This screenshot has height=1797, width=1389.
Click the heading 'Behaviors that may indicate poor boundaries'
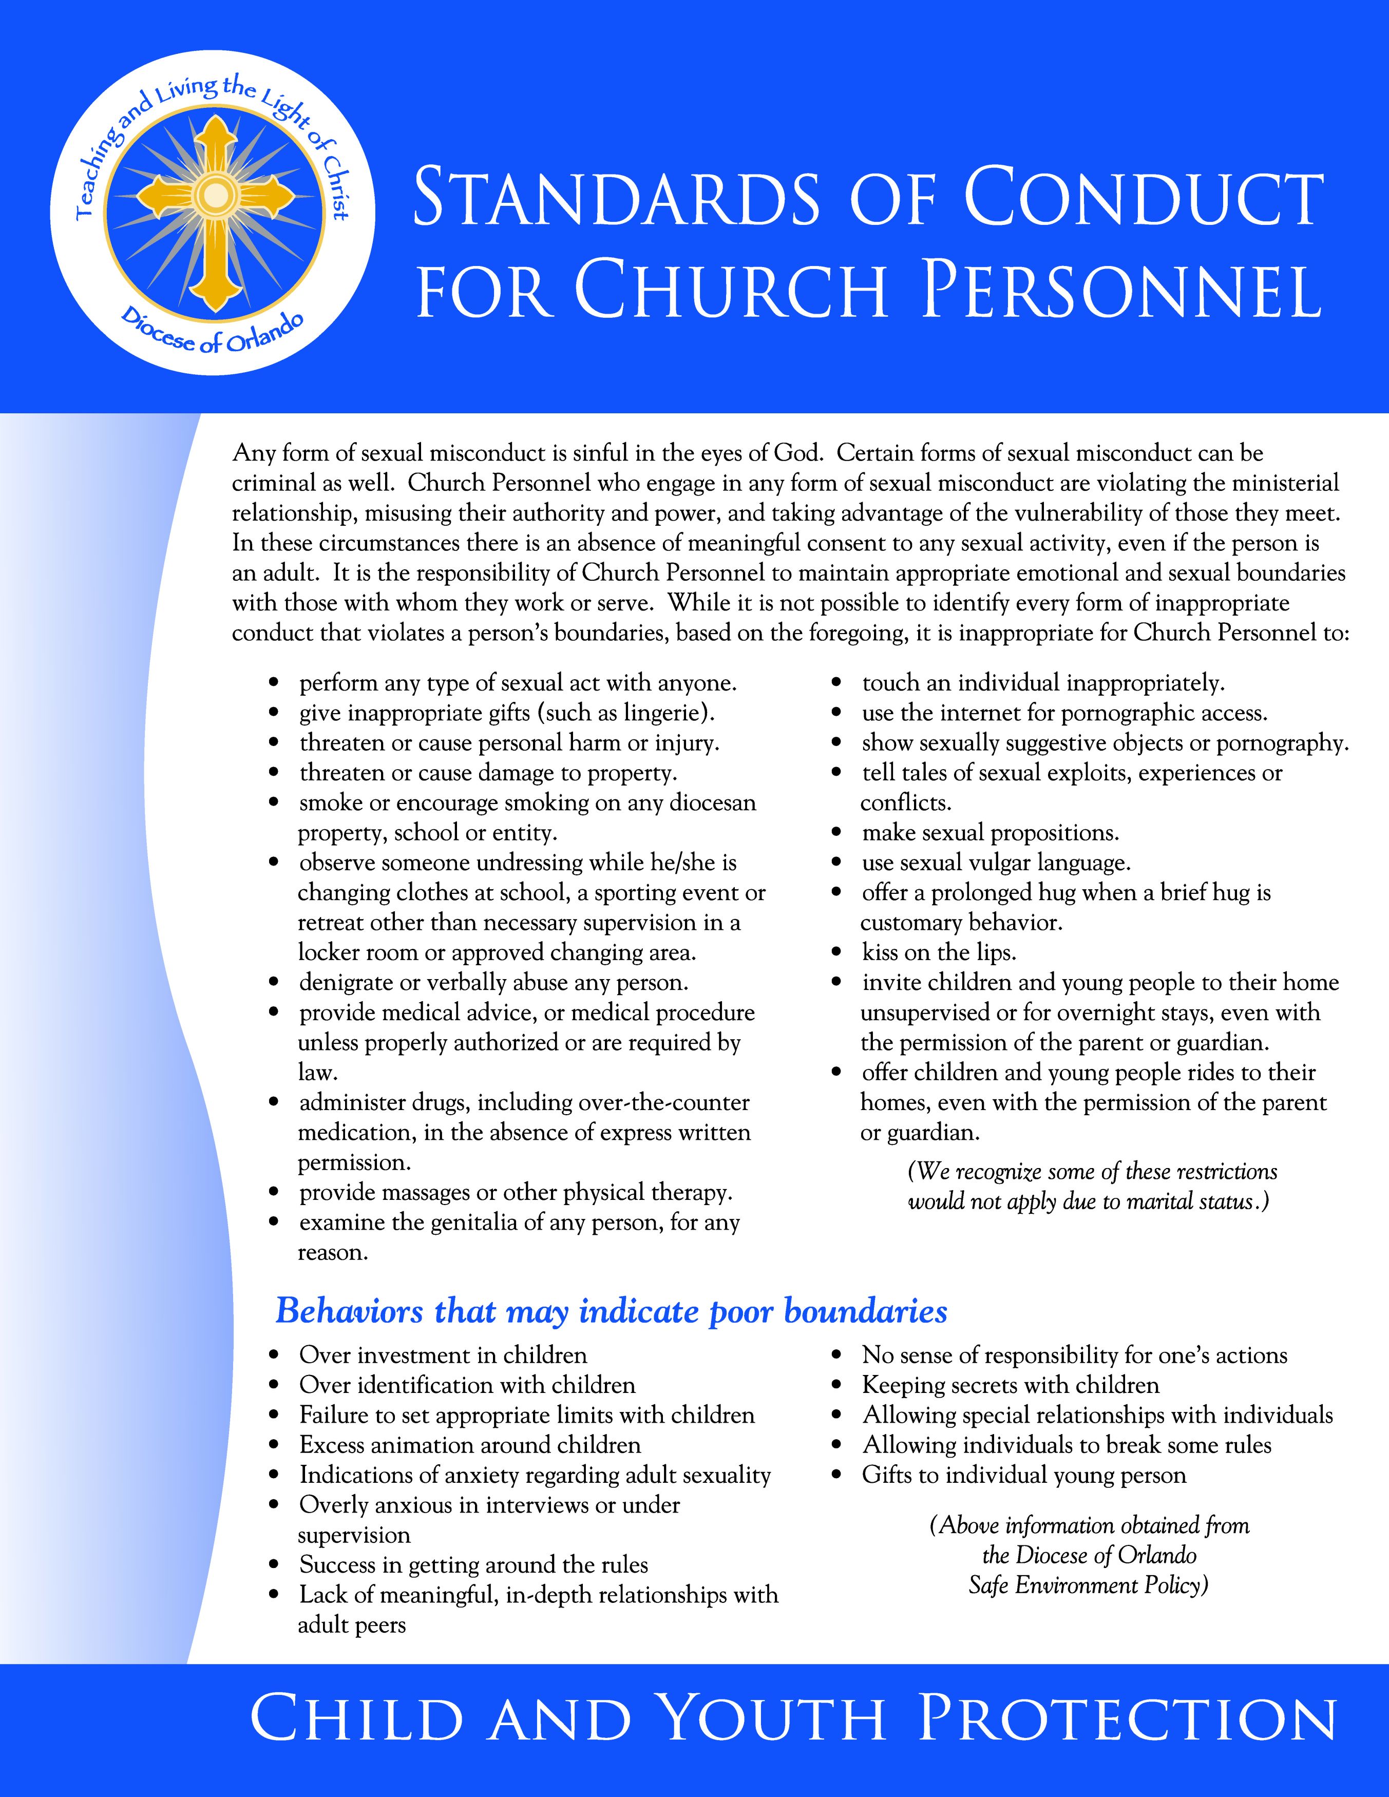click(611, 1311)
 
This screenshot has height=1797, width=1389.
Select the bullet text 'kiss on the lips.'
click(939, 953)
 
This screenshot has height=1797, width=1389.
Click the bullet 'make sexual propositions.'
click(990, 833)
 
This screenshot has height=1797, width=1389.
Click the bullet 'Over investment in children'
click(443, 1355)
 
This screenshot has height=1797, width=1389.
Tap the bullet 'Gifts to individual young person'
click(1023, 1475)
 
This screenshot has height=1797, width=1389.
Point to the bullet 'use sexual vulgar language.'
click(996, 863)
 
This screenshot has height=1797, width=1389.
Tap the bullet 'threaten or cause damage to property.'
click(488, 773)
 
